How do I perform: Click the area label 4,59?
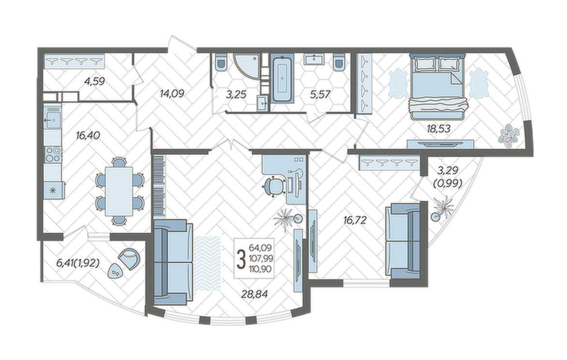[94, 81]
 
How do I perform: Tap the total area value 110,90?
[261, 268]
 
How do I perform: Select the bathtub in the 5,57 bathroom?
[282, 78]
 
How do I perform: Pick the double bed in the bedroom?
[438, 86]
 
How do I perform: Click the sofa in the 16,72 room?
[403, 241]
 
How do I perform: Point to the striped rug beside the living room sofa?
[207, 263]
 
